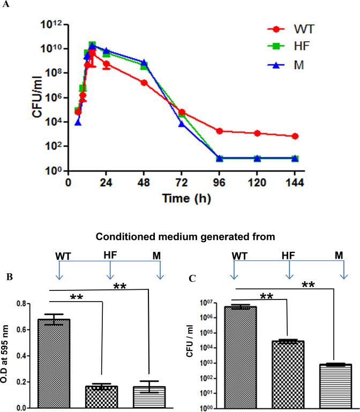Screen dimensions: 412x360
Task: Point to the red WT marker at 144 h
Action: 295,136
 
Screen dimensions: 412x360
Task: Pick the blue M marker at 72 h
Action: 182,124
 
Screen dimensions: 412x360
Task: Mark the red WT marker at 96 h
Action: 220,131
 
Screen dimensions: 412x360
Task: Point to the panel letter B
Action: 8,277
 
